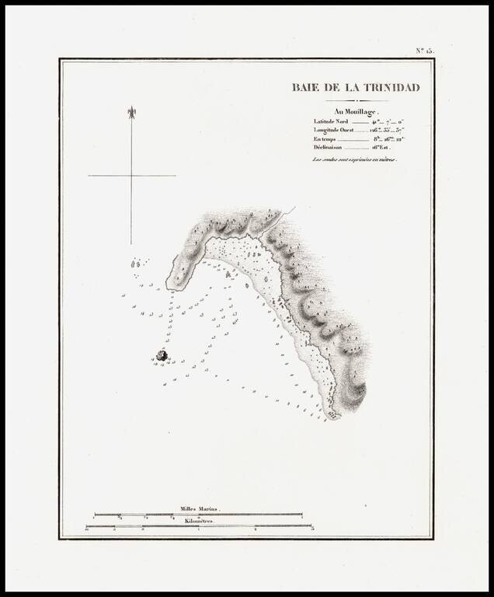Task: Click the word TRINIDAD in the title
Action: [x=388, y=88]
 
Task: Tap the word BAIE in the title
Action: [x=305, y=88]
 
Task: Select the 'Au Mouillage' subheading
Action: [x=355, y=111]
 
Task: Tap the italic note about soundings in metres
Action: [x=355, y=159]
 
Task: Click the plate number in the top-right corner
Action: [x=424, y=51]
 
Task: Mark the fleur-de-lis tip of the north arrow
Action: [x=131, y=111]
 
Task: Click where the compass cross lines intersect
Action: [x=131, y=176]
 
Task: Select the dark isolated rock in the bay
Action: [x=162, y=355]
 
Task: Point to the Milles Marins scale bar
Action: [x=198, y=514]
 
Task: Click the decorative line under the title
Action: [x=356, y=100]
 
